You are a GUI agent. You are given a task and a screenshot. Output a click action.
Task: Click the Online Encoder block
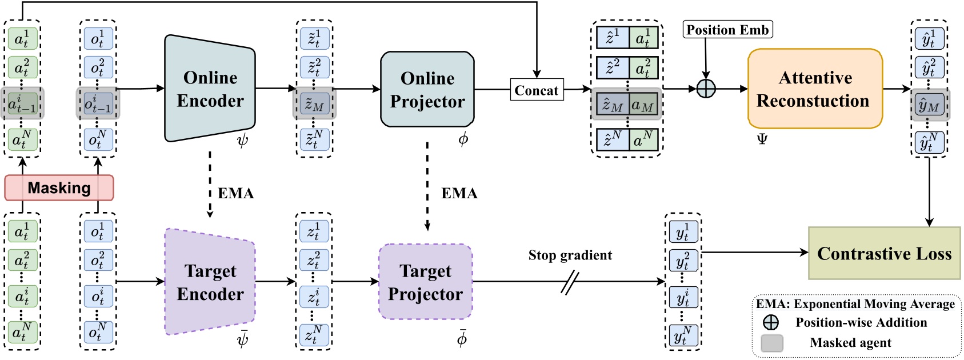click(210, 89)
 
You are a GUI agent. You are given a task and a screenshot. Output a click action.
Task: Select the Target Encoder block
click(210, 282)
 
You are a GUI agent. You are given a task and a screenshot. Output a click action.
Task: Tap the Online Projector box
click(427, 89)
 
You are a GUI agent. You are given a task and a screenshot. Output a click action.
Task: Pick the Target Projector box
click(426, 282)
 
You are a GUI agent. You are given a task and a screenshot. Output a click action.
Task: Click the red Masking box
click(59, 187)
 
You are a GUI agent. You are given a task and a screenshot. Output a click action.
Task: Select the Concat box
click(536, 90)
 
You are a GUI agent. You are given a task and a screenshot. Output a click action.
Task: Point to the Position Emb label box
click(727, 30)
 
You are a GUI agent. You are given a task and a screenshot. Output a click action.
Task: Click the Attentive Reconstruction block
click(815, 89)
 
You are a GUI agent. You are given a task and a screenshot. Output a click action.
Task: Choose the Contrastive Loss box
click(884, 253)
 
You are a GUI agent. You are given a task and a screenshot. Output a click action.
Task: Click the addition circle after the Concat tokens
click(706, 89)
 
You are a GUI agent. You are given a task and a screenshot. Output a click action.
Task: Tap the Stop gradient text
click(570, 255)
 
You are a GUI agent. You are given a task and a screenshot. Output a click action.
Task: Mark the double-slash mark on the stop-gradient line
click(570, 282)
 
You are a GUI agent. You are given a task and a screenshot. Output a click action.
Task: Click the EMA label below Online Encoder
click(235, 193)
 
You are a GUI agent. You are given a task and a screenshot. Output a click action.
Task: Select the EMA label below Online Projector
click(459, 193)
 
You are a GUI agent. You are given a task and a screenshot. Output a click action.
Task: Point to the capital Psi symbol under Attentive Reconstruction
click(762, 139)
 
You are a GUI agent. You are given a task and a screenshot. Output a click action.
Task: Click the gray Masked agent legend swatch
click(772, 343)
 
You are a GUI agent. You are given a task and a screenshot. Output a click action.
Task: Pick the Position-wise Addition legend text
click(861, 323)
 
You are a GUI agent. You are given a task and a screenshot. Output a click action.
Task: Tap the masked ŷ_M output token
click(929, 105)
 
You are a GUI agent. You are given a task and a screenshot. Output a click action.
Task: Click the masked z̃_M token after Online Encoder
click(314, 105)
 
